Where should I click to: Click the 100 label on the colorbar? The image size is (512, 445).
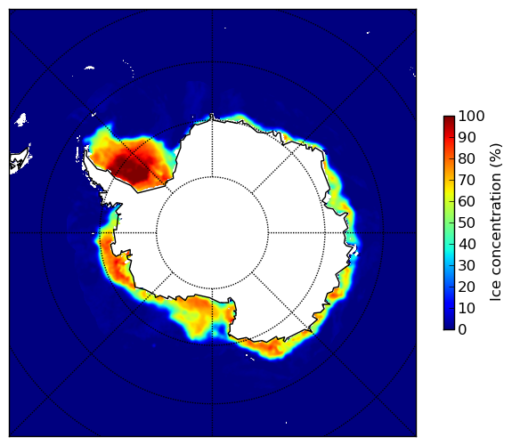[x=471, y=117]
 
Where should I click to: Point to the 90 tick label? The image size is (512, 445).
[x=467, y=137]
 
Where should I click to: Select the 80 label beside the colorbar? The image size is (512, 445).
[x=467, y=159]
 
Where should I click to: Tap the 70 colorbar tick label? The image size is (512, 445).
[x=467, y=180]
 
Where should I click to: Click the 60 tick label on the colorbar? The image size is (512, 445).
[x=467, y=202]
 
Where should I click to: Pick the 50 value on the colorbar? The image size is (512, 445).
[x=467, y=223]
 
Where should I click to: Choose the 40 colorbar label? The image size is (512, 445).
[x=467, y=244]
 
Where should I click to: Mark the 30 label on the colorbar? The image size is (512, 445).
[x=467, y=266]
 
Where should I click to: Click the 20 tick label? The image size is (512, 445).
[x=467, y=287]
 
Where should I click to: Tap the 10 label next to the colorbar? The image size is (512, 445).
[x=467, y=308]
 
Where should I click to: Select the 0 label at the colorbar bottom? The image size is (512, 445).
[x=462, y=330]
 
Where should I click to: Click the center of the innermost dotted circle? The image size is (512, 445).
[x=212, y=233]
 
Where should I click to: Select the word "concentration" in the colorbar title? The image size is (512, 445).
[x=496, y=228]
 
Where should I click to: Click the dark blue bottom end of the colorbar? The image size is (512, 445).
[x=449, y=328]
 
